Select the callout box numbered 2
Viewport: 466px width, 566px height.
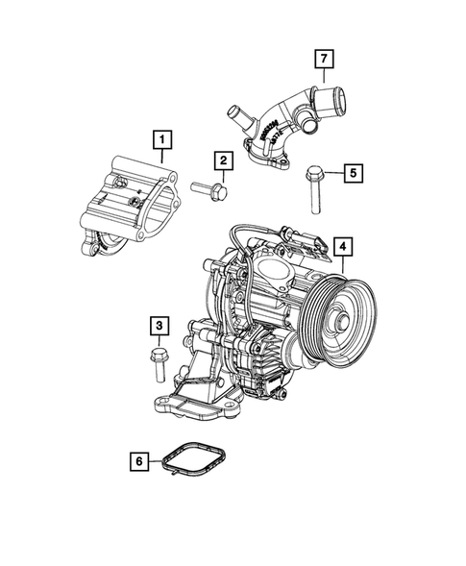pos(222,160)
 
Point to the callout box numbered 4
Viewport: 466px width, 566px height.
pos(343,248)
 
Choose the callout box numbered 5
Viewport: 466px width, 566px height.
pos(353,173)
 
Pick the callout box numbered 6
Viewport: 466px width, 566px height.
pos(140,462)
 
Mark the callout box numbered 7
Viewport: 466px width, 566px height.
pos(326,59)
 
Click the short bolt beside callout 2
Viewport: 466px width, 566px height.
pos(210,191)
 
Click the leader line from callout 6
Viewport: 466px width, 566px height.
pos(158,462)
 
